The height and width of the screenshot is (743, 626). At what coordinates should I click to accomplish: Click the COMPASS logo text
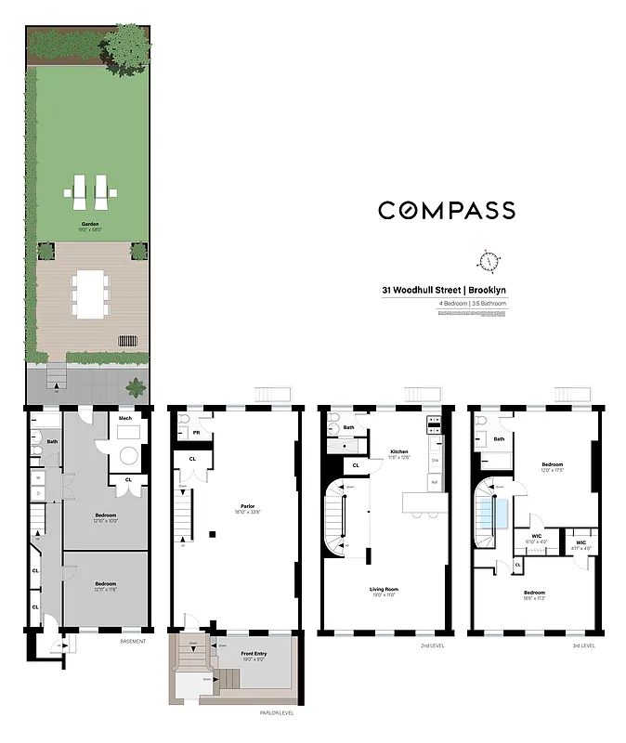pyautogui.click(x=446, y=211)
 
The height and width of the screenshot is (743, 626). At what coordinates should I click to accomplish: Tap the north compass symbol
pyautogui.click(x=489, y=259)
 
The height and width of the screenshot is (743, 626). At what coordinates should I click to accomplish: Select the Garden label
pyautogui.click(x=90, y=224)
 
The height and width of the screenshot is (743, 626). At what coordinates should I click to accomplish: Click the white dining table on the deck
pyautogui.click(x=90, y=293)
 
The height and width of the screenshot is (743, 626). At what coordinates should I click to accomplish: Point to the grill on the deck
pyautogui.click(x=133, y=341)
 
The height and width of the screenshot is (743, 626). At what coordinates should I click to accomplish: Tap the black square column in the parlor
pyautogui.click(x=214, y=533)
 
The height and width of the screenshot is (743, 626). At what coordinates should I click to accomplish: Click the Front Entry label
pyautogui.click(x=254, y=654)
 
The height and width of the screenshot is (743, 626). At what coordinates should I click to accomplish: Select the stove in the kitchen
pyautogui.click(x=434, y=425)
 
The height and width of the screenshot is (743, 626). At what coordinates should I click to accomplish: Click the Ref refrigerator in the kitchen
pyautogui.click(x=434, y=482)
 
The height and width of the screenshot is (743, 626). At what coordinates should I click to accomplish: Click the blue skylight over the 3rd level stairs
pyautogui.click(x=501, y=514)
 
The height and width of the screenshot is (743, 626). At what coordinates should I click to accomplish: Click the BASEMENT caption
pyautogui.click(x=133, y=642)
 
